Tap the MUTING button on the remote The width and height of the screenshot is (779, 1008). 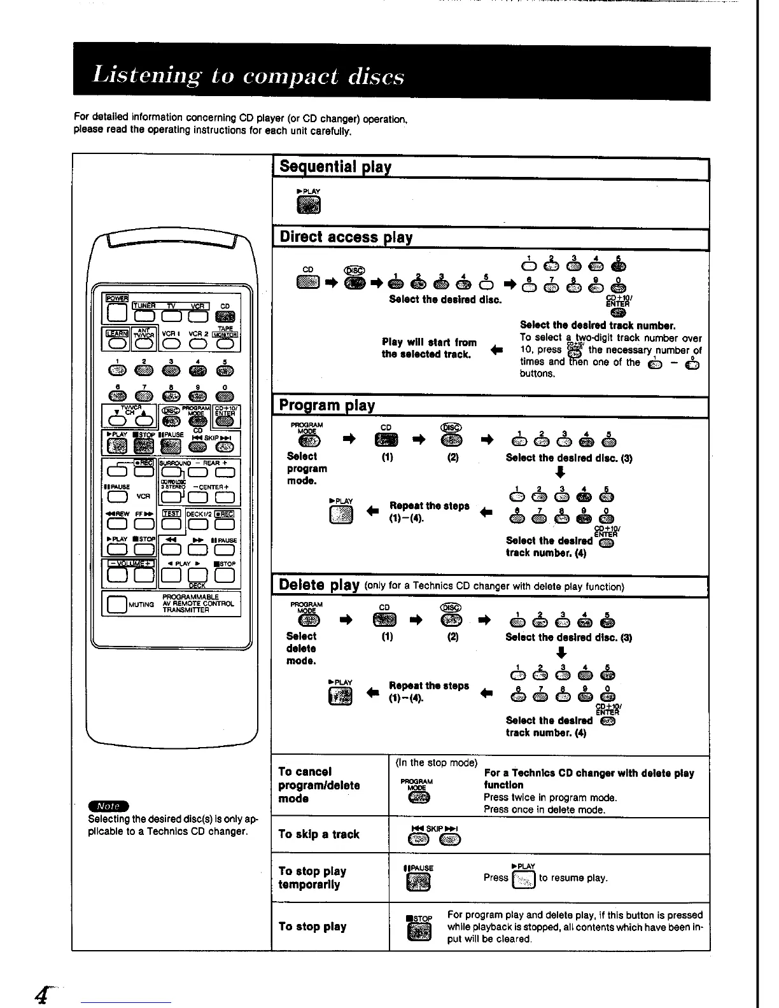[117, 604]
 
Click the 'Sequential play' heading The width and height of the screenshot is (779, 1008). [336, 167]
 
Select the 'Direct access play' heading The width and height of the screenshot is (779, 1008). [346, 237]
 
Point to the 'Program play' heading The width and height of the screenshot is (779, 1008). [328, 405]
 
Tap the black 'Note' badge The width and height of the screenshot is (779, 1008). [109, 806]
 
